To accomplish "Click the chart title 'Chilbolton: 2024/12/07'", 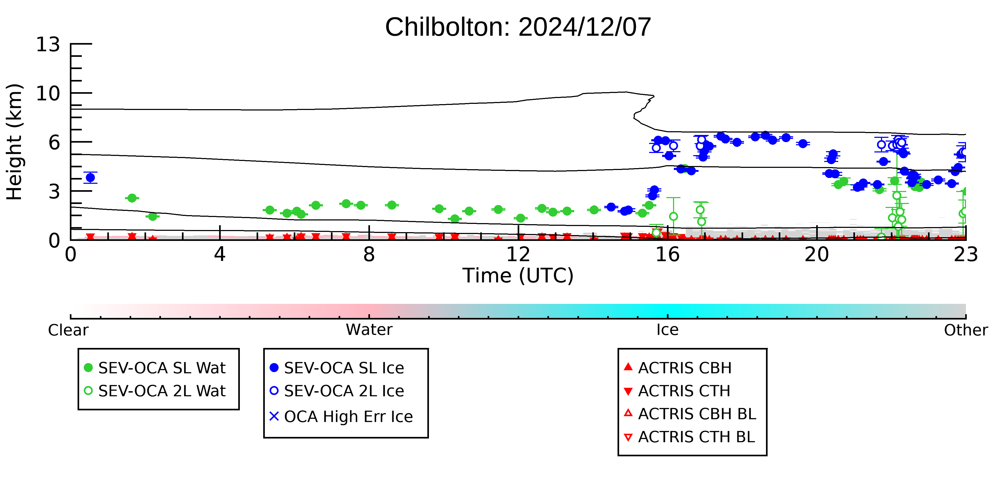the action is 518,27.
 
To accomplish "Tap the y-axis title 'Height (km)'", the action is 15,142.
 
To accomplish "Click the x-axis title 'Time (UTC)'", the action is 518,276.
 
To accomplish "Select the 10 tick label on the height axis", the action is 48,93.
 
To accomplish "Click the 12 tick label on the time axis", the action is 518,254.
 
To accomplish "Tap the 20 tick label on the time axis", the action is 817,254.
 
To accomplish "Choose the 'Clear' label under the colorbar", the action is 68,330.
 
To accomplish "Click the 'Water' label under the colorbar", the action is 369,330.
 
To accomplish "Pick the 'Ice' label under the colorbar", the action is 667,330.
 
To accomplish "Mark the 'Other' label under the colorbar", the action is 966,330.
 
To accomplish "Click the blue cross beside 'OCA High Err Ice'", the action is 274,416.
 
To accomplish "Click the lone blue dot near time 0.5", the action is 91,177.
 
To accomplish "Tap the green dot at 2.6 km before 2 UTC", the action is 132,198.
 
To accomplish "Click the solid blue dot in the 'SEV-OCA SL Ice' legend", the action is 274,368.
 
